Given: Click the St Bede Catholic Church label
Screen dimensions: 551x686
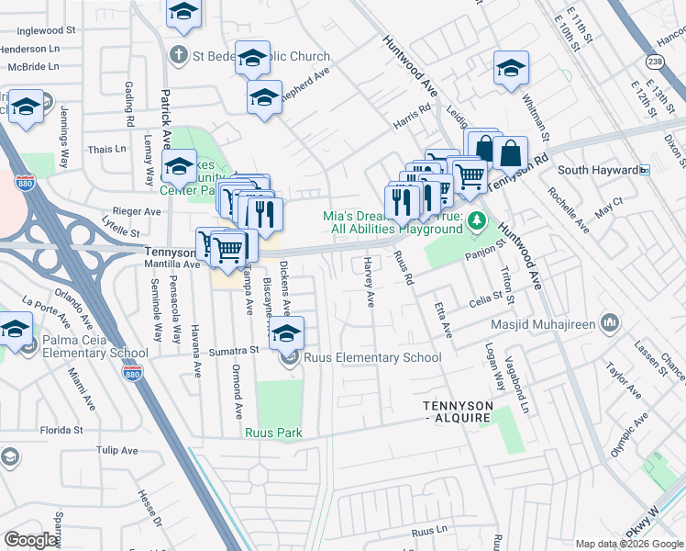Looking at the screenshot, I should (260, 56).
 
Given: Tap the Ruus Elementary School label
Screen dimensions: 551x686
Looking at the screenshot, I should (372, 357).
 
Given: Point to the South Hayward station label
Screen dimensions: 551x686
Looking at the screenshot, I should (598, 170).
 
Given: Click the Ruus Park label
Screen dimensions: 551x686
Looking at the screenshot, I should (272, 433).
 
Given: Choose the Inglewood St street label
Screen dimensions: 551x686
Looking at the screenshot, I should (50, 30).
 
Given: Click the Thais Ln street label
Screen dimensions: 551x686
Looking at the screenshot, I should (106, 149).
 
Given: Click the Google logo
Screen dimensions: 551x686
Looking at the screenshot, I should (32, 540).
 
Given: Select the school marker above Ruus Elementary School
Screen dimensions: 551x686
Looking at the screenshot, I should (286, 333).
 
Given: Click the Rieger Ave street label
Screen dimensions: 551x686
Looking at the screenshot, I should (137, 211).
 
